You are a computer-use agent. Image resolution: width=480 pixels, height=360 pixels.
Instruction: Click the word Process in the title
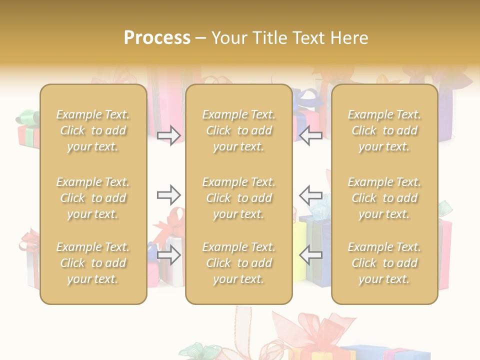pos(157,38)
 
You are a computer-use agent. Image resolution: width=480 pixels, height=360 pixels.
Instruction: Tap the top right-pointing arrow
pos(168,135)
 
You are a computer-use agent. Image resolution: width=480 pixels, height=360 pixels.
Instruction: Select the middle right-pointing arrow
pos(168,195)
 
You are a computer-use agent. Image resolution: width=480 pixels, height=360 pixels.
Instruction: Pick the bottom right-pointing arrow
pos(168,255)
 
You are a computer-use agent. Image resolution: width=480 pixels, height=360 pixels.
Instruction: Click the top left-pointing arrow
pos(311,135)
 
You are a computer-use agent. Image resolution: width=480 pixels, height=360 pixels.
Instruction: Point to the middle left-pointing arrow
pos(311,195)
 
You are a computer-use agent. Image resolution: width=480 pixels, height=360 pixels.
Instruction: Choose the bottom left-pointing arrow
pos(311,255)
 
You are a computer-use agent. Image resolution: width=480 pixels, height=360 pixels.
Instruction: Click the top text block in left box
pos(93,130)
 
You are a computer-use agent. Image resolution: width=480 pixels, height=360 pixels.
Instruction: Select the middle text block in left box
pos(93,198)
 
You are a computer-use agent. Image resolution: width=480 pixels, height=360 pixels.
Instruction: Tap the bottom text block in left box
pos(93,263)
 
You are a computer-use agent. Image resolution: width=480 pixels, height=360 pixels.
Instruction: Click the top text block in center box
pos(238,130)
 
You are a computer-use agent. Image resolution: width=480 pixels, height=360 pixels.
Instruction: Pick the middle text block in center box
pos(238,198)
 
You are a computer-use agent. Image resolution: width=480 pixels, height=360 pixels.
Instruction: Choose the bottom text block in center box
pos(238,263)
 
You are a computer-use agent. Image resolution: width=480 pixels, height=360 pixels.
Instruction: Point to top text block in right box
pos(384,130)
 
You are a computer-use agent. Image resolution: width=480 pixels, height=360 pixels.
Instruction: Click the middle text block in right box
pos(384,198)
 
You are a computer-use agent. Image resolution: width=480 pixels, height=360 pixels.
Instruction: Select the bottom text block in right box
pos(384,263)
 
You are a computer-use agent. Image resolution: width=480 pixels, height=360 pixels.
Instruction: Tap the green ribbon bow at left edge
pos(26,118)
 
